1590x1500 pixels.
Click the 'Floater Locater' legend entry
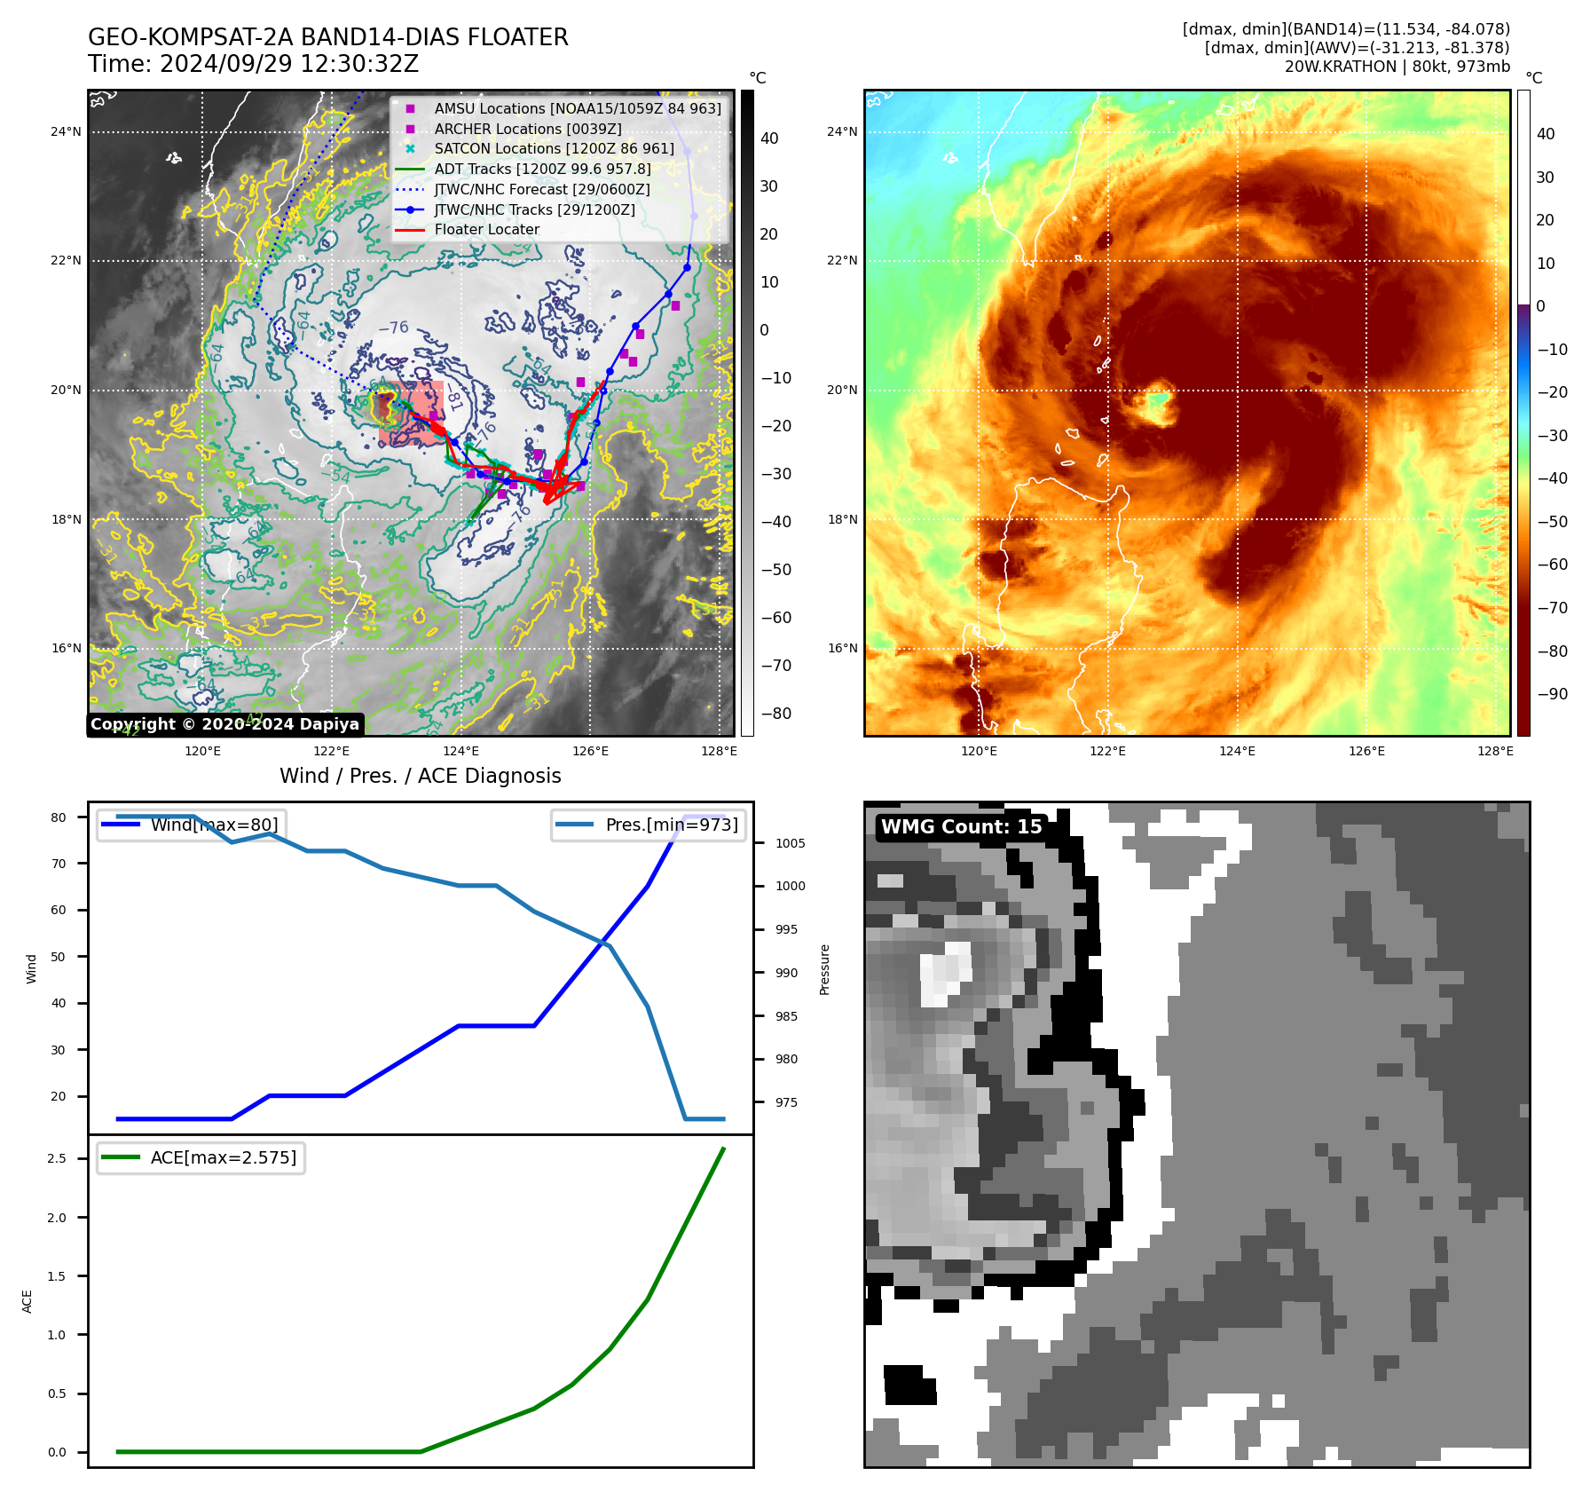pyautogui.click(x=486, y=229)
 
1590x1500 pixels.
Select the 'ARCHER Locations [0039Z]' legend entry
pyautogui.click(x=527, y=129)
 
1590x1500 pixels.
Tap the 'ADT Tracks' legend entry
pyautogui.click(x=542, y=169)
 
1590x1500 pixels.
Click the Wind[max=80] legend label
pyautogui.click(x=214, y=825)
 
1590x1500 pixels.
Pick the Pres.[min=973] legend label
pyautogui.click(x=672, y=825)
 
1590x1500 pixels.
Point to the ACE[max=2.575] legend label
pyautogui.click(x=224, y=1157)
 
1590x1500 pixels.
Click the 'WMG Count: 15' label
pyautogui.click(x=961, y=826)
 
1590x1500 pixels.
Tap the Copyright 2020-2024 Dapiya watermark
pyautogui.click(x=224, y=724)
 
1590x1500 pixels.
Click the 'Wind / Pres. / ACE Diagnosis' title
pyautogui.click(x=420, y=776)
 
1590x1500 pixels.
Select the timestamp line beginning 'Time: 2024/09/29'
pyautogui.click(x=253, y=64)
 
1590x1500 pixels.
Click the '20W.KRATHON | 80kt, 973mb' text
pyautogui.click(x=1397, y=67)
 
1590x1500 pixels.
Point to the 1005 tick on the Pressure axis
pyautogui.click(x=790, y=843)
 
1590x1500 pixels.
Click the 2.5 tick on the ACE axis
pyautogui.click(x=57, y=1158)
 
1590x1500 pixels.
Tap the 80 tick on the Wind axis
pyautogui.click(x=59, y=817)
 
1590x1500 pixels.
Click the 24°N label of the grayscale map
pyautogui.click(x=66, y=131)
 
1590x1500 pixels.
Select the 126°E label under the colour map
pyautogui.click(x=1366, y=751)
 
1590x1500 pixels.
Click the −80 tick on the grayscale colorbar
pyautogui.click(x=775, y=714)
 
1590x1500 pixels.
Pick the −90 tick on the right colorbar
pyautogui.click(x=1552, y=694)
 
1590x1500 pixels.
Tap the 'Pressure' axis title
pyautogui.click(x=824, y=969)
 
